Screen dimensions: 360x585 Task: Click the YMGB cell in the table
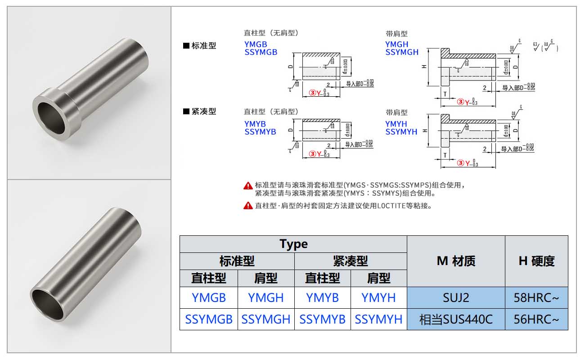[x=208, y=297]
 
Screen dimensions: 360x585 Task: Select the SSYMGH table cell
[x=265, y=319]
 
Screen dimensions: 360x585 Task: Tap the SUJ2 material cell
[x=456, y=297]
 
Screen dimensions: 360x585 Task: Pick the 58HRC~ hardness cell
[x=536, y=297]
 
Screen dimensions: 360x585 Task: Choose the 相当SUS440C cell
[x=456, y=319]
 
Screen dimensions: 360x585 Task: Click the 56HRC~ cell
[x=536, y=319]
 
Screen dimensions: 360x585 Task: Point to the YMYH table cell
[x=378, y=297]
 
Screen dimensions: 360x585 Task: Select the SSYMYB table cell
[x=322, y=319]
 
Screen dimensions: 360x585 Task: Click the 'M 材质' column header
[x=456, y=261]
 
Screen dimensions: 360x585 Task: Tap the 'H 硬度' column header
[x=536, y=261]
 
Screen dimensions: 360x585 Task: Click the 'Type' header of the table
[x=293, y=244]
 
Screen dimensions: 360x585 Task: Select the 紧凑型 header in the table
[x=351, y=261]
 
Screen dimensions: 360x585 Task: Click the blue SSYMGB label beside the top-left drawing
[x=261, y=52]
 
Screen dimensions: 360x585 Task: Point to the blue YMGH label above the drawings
[x=396, y=44]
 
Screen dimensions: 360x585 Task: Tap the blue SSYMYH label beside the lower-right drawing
[x=401, y=132]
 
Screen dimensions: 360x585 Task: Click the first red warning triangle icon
[x=248, y=185]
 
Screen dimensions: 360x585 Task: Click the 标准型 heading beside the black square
[x=204, y=46]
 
